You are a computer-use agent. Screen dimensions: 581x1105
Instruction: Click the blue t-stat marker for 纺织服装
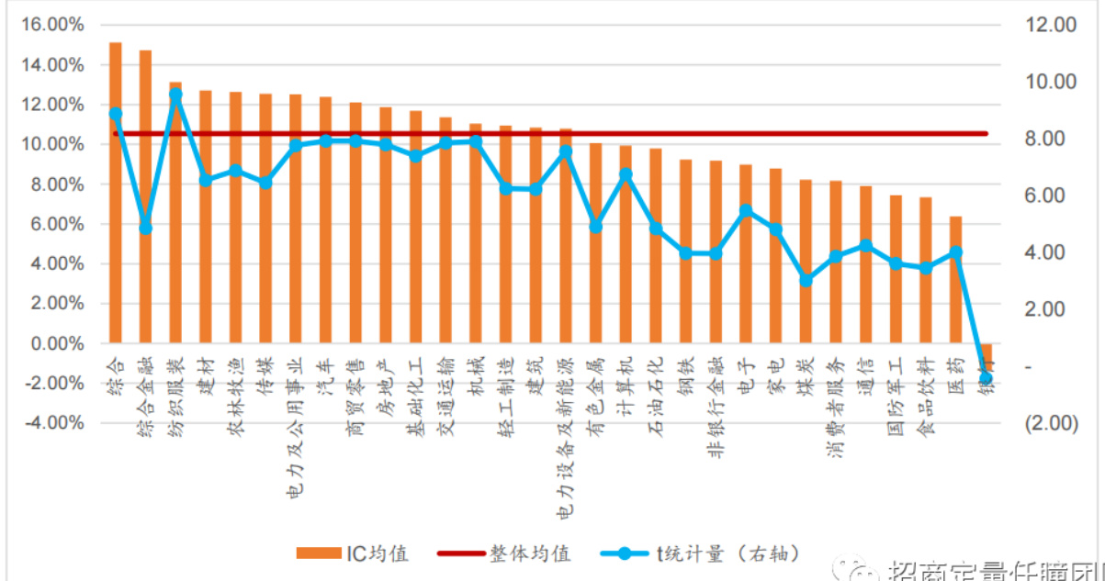tap(175, 95)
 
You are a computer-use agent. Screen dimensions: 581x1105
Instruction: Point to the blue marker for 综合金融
tap(145, 228)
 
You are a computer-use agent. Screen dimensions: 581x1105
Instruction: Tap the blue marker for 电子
tap(746, 211)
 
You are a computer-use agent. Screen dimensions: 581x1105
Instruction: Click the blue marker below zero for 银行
tap(986, 378)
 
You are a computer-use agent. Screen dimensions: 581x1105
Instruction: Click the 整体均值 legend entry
tap(504, 553)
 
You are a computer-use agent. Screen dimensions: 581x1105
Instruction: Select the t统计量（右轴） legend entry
tap(702, 553)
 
